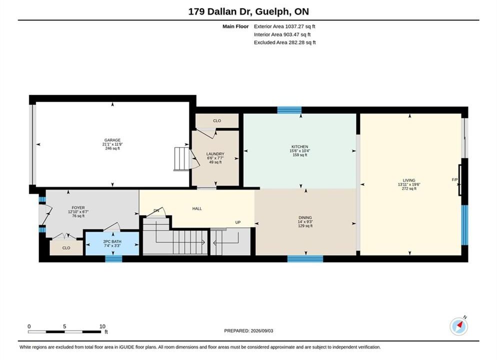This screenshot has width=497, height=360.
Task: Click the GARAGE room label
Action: (112, 140)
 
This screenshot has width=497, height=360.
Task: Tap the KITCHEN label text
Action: (300, 146)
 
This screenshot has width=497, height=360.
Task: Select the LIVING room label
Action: (409, 180)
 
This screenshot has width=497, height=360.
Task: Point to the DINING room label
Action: (305, 217)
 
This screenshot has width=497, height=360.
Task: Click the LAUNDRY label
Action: (215, 154)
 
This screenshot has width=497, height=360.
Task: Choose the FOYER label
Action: (78, 208)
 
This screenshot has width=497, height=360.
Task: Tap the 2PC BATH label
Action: (112, 241)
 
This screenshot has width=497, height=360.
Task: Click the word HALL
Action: (197, 208)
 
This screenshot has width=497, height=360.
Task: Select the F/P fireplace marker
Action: (454, 179)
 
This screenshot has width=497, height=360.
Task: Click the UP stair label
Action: (238, 222)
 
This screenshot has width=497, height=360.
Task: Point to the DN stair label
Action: (156, 210)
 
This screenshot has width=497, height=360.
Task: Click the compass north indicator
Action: (458, 326)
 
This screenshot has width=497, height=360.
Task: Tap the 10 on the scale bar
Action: (102, 326)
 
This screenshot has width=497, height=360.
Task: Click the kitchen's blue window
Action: (289, 110)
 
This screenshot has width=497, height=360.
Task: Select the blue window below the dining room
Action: (305, 259)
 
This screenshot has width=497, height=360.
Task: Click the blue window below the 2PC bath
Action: (114, 259)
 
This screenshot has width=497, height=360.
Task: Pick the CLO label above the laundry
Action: (217, 120)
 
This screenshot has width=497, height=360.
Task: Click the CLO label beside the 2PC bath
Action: (66, 248)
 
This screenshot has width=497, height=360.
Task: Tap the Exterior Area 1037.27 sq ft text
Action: (284, 26)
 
